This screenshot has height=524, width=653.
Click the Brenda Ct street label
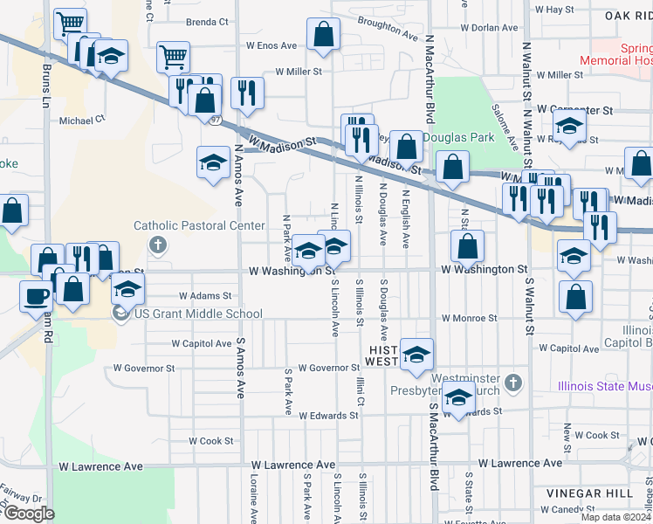(x=207, y=22)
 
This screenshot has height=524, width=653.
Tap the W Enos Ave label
(x=272, y=45)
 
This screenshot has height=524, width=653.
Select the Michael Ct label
(x=82, y=119)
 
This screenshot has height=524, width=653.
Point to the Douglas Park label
(x=459, y=137)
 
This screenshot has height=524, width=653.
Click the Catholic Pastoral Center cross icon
(x=157, y=244)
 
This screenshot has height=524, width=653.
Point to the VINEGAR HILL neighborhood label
(x=586, y=493)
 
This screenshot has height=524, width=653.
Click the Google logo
(x=29, y=514)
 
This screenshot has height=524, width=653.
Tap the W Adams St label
(x=204, y=296)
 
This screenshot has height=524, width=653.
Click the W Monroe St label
(x=469, y=319)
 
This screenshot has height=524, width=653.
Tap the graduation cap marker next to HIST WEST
(x=417, y=354)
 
